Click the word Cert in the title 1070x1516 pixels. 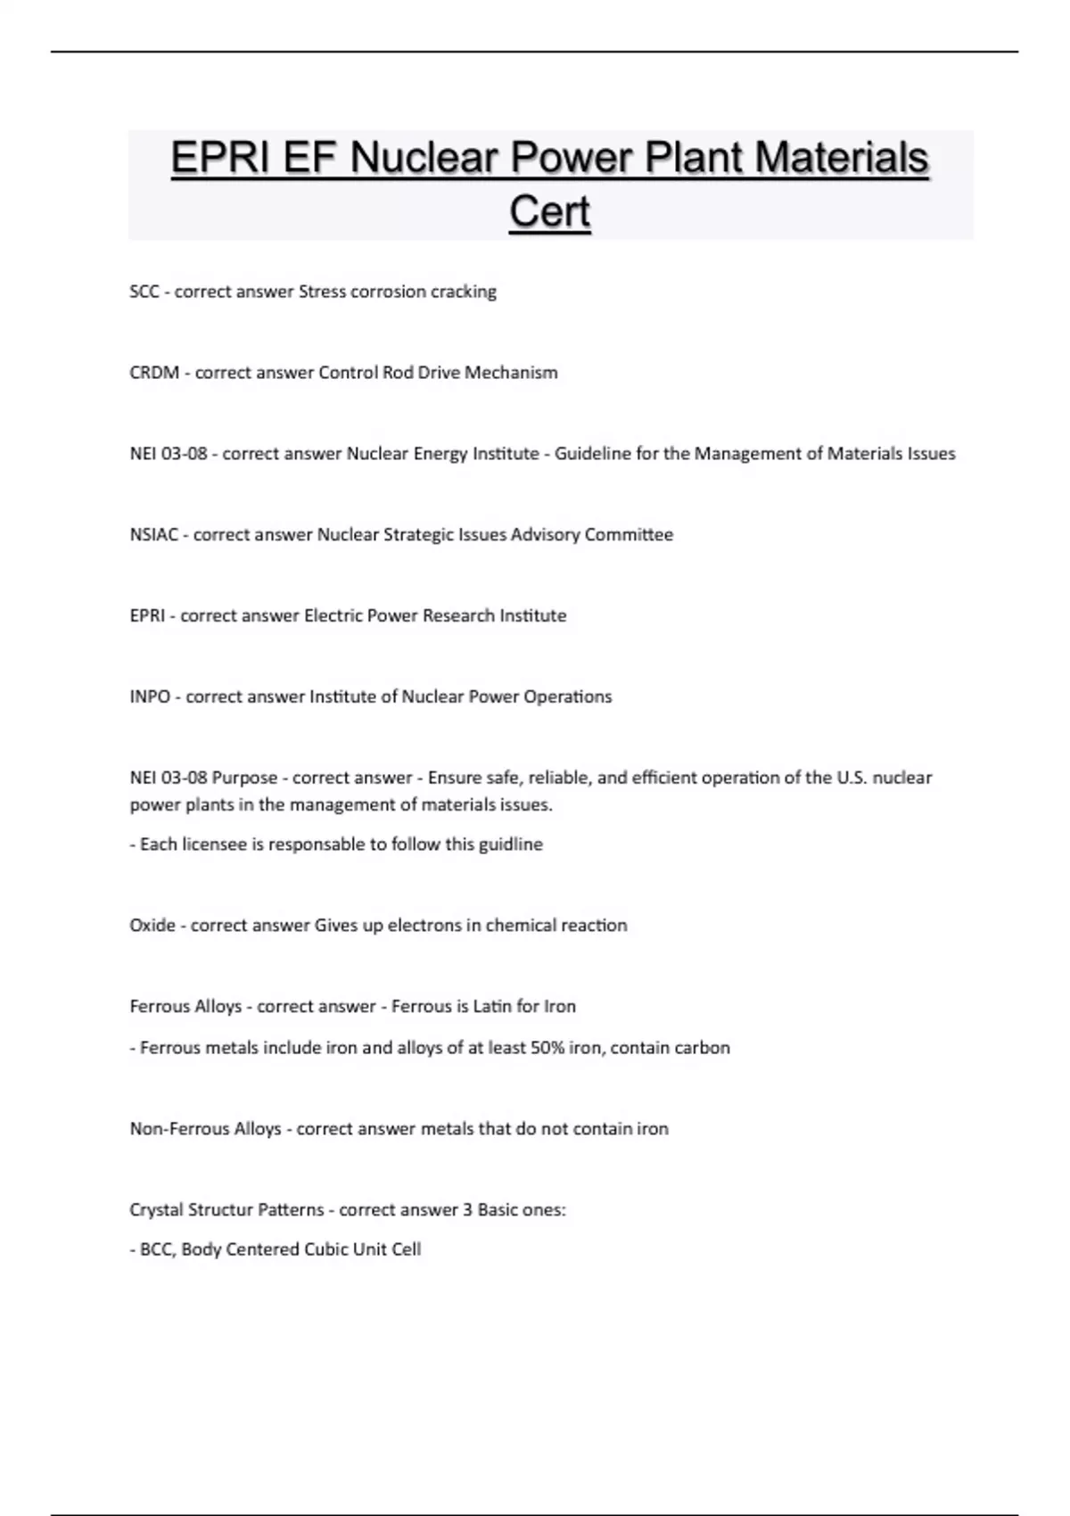[549, 212]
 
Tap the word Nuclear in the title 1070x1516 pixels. [424, 158]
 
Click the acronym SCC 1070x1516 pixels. [144, 292]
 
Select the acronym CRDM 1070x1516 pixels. [154, 373]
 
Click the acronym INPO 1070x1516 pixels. [149, 696]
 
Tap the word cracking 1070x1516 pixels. [464, 292]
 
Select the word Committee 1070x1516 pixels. [629, 535]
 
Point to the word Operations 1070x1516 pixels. [567, 696]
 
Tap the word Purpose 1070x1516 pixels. [244, 778]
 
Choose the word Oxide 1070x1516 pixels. [152, 926]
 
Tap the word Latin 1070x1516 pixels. [492, 1007]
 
